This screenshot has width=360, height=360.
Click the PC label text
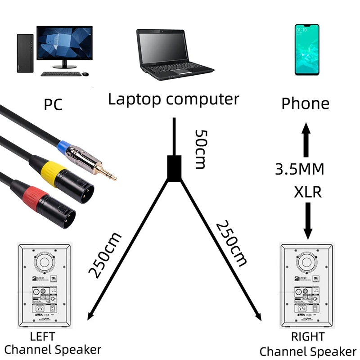[53, 104]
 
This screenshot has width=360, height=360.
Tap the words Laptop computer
[173, 99]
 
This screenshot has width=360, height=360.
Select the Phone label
[305, 104]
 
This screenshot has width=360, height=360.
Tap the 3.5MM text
[300, 169]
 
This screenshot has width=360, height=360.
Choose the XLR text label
[307, 192]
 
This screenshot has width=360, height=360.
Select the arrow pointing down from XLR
[308, 220]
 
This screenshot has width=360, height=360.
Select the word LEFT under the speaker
[42, 336]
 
